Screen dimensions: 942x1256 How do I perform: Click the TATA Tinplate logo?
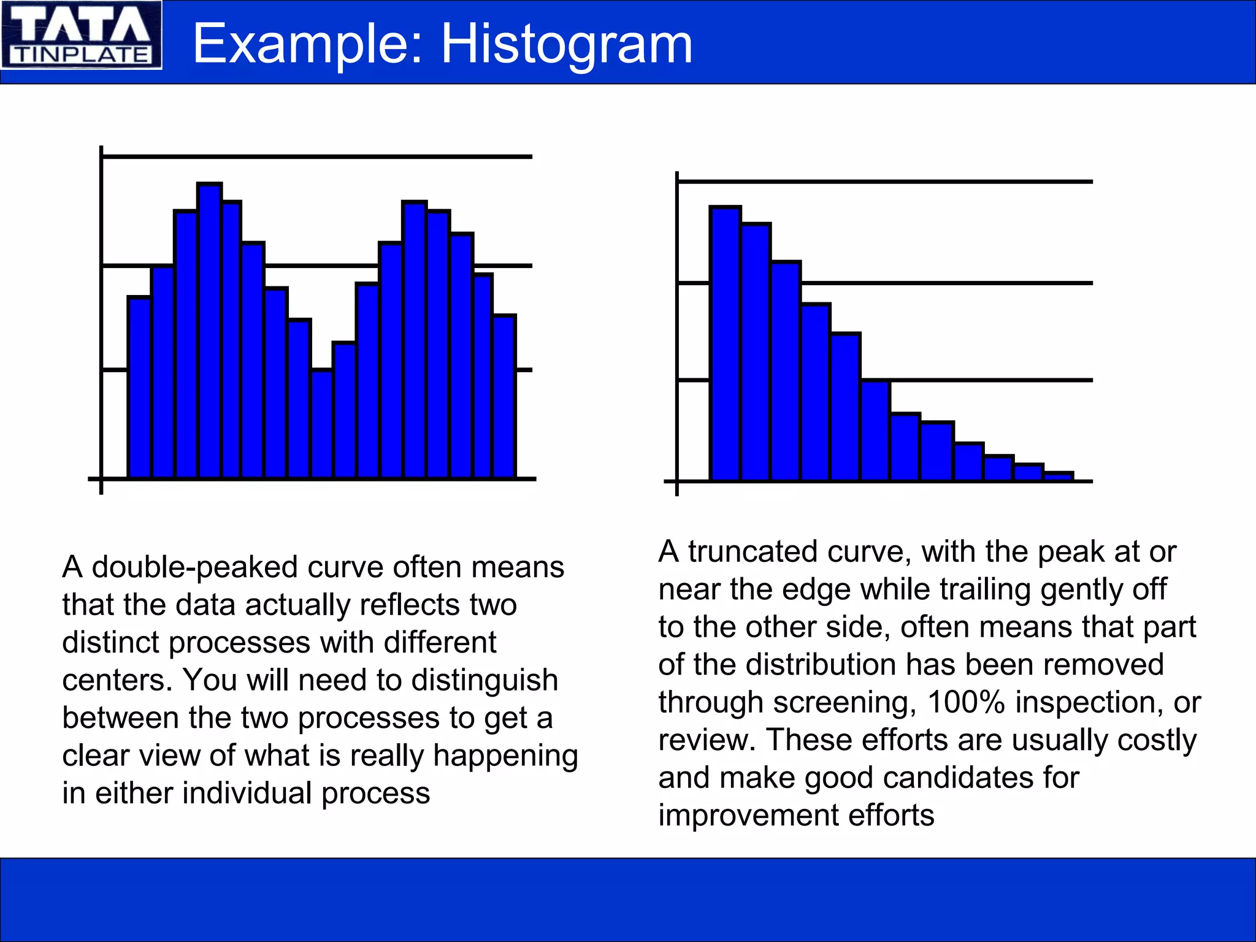point(81,35)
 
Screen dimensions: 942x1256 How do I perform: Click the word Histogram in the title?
point(567,44)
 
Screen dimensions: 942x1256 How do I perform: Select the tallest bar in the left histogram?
point(210,331)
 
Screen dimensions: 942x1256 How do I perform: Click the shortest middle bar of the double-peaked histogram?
point(322,423)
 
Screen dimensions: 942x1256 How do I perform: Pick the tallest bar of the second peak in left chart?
point(415,340)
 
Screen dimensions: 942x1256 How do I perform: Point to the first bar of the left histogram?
point(139,386)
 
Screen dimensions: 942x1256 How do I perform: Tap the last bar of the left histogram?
point(505,396)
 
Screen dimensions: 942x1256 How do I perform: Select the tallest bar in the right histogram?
point(726,343)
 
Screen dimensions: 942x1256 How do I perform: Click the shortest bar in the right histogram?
point(1059,476)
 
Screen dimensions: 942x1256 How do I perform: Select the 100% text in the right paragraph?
point(966,702)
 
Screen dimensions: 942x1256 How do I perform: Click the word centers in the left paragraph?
point(117,680)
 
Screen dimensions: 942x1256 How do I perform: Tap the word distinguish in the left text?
point(484,680)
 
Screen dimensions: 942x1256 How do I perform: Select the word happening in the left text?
point(505,756)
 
